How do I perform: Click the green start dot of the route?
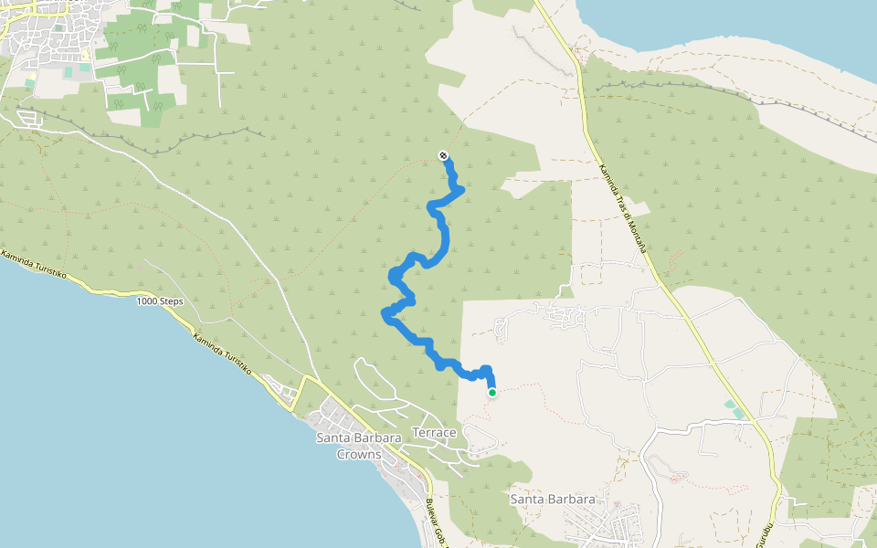(x=492, y=393)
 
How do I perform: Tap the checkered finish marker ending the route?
(x=443, y=156)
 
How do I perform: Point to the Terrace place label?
(x=434, y=432)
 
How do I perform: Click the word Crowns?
(x=358, y=454)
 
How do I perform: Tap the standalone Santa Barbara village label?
(x=553, y=500)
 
